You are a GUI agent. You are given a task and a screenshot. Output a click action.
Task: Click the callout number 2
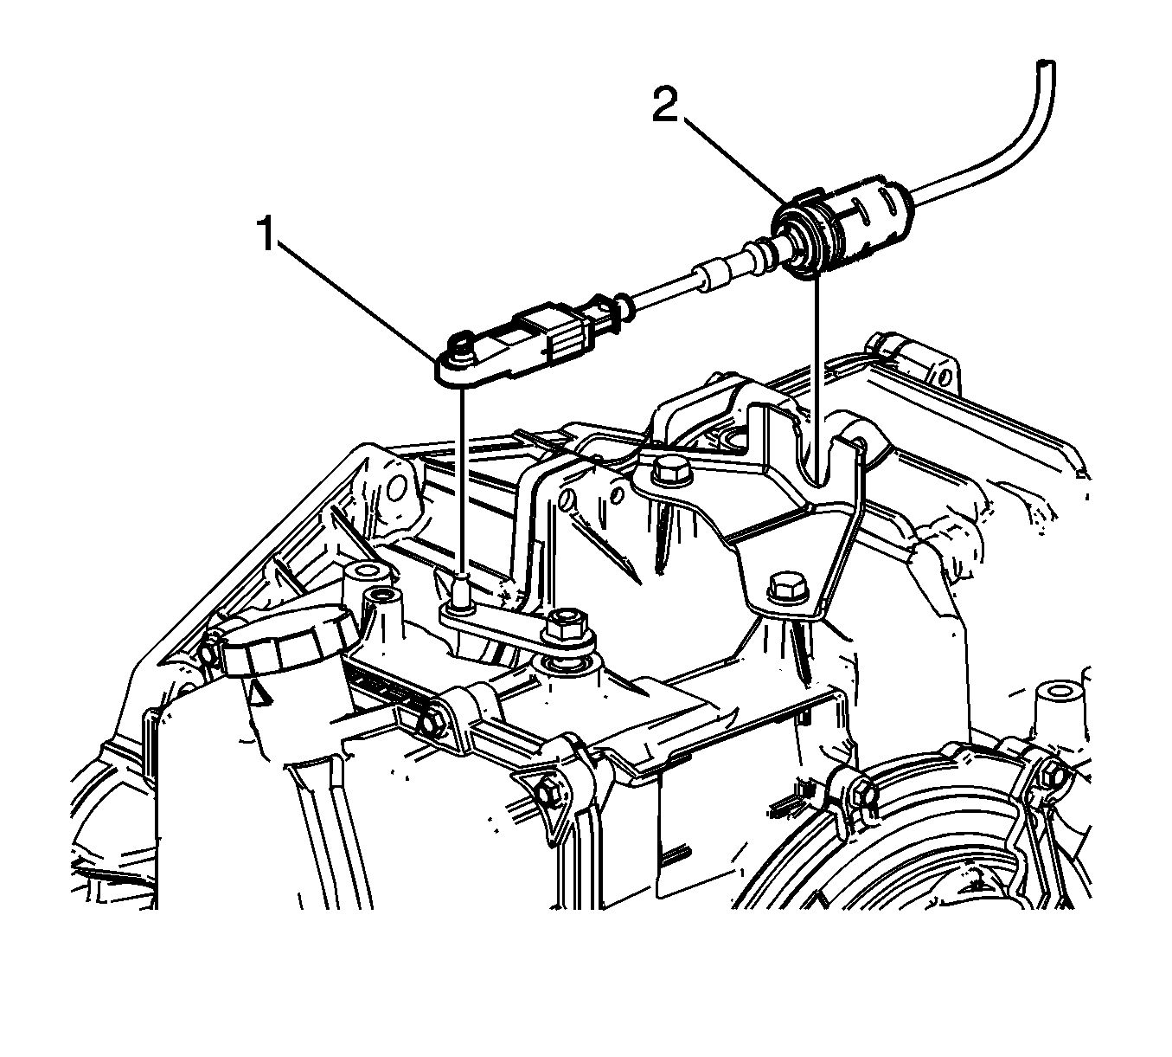pyautogui.click(x=665, y=103)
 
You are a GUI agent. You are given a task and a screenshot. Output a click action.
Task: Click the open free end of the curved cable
pyautogui.click(x=1044, y=63)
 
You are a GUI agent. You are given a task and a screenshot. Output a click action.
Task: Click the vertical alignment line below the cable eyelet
pyautogui.click(x=463, y=479)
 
